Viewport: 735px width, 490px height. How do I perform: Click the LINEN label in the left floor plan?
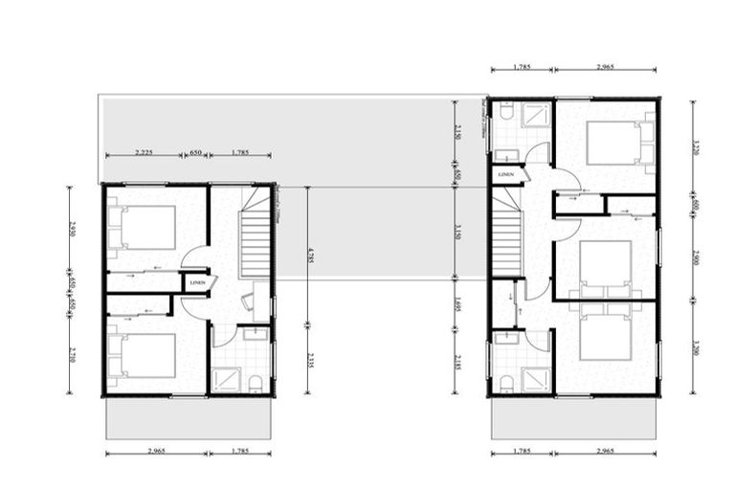[197, 282]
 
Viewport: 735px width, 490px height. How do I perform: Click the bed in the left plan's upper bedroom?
[144, 228]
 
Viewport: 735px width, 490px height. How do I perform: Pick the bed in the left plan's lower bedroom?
[144, 355]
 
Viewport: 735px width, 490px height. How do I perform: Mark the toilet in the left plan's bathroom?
[256, 383]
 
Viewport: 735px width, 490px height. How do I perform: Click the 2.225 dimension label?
[144, 152]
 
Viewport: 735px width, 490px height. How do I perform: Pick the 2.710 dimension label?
[72, 353]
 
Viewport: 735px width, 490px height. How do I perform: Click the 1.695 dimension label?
[458, 304]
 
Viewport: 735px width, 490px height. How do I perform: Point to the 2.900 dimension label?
[696, 257]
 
